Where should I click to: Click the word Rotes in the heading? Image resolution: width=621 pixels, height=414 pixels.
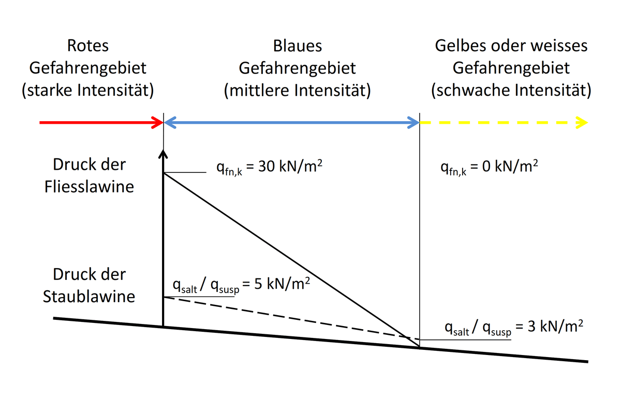click(88, 46)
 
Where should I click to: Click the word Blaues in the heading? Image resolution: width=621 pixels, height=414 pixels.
click(297, 46)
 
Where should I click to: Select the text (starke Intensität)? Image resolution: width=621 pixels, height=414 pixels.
click(88, 91)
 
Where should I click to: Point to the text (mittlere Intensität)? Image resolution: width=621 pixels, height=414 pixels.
click(297, 91)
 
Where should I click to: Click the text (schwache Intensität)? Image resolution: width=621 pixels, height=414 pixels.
click(511, 91)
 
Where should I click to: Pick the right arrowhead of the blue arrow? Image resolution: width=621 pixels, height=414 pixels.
click(414, 123)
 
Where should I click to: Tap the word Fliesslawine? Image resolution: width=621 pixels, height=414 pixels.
click(90, 186)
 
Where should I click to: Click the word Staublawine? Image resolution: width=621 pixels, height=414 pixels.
click(89, 297)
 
